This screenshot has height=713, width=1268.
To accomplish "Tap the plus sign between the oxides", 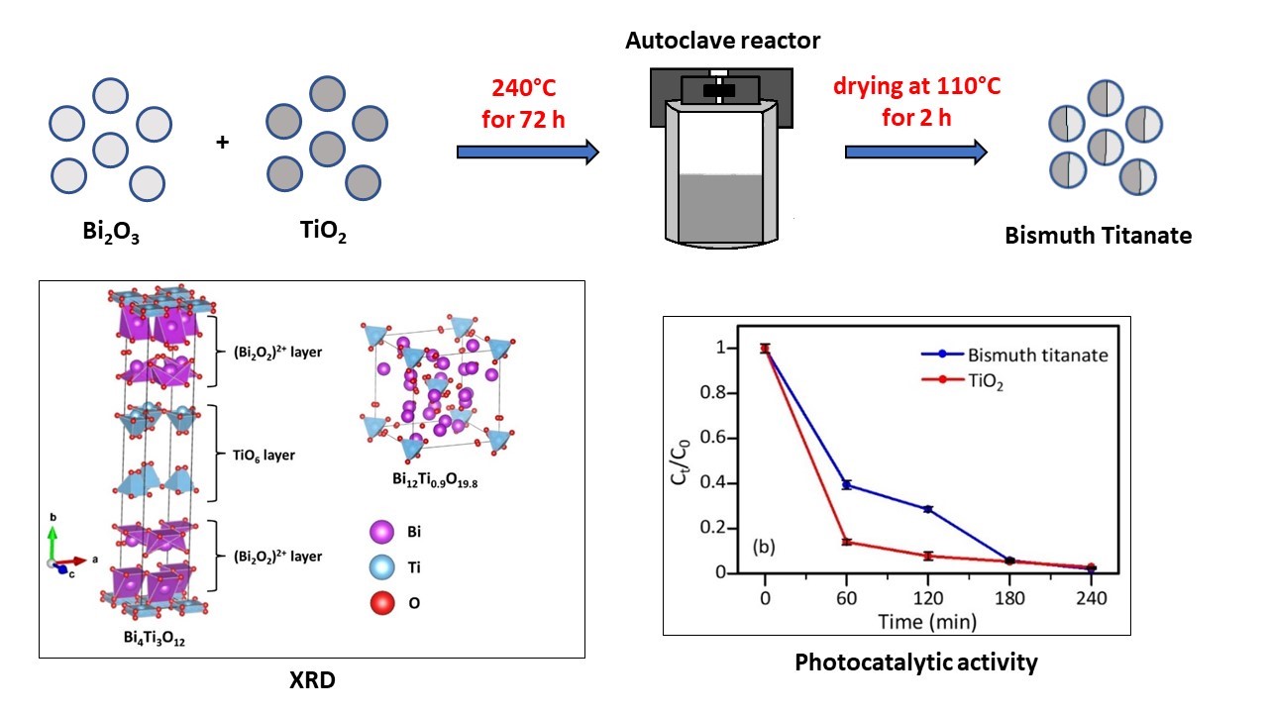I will point(222,143).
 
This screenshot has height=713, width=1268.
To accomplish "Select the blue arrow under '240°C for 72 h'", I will point(528,152).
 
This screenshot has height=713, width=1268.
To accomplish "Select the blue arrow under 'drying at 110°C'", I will point(916,152).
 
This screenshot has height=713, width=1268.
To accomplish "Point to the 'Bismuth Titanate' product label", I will point(1099,236).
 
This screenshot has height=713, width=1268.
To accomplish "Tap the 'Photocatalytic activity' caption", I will point(916,662).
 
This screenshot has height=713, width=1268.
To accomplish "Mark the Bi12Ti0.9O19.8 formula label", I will point(433,479).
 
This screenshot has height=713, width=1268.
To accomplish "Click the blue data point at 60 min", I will point(847,484).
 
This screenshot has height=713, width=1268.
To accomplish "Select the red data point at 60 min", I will point(847,542).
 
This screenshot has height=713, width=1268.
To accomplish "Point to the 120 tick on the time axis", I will point(928,598).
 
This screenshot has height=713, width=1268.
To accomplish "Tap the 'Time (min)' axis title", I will point(928,622).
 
